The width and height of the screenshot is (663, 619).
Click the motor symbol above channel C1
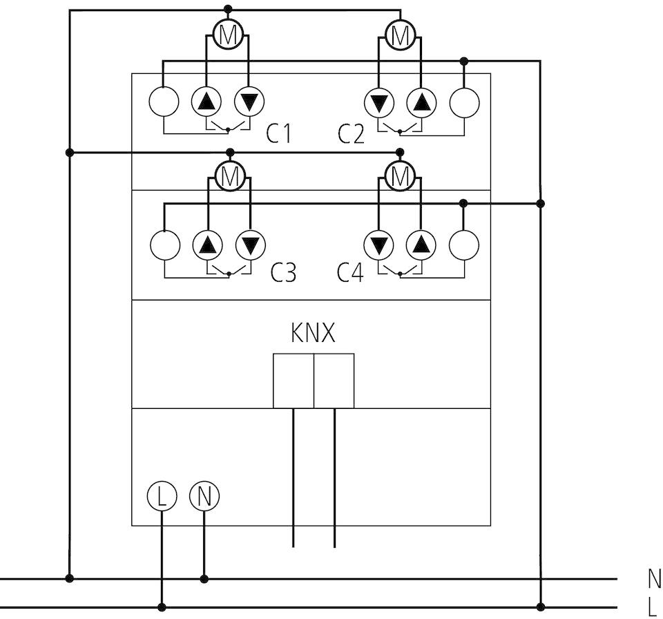pos(228,35)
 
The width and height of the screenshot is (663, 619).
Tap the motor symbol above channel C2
pos(401,35)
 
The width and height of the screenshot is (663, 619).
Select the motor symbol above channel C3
pos(230,175)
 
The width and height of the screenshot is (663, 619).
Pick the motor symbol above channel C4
pos(401,175)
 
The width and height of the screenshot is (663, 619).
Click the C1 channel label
pos(278,133)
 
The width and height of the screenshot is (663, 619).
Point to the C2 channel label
pos(351,133)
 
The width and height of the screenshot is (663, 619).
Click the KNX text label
pos(313,332)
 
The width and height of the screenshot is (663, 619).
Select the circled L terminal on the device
pos(162,496)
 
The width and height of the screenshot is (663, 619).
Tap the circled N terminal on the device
pos(204,496)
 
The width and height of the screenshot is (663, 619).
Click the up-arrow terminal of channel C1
pos(206,102)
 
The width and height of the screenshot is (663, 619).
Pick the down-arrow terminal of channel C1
pos(249,102)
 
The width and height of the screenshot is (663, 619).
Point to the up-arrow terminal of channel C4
pos(421,245)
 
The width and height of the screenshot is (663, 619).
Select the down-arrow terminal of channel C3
pos(251,245)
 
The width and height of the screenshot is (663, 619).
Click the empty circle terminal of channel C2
pos(464,102)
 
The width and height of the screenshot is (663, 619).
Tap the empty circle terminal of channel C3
pos(165,245)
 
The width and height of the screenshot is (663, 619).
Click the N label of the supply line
pos(655,578)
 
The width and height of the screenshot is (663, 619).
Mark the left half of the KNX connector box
pos(294,381)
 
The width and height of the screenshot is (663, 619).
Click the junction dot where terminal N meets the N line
pos(204,578)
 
